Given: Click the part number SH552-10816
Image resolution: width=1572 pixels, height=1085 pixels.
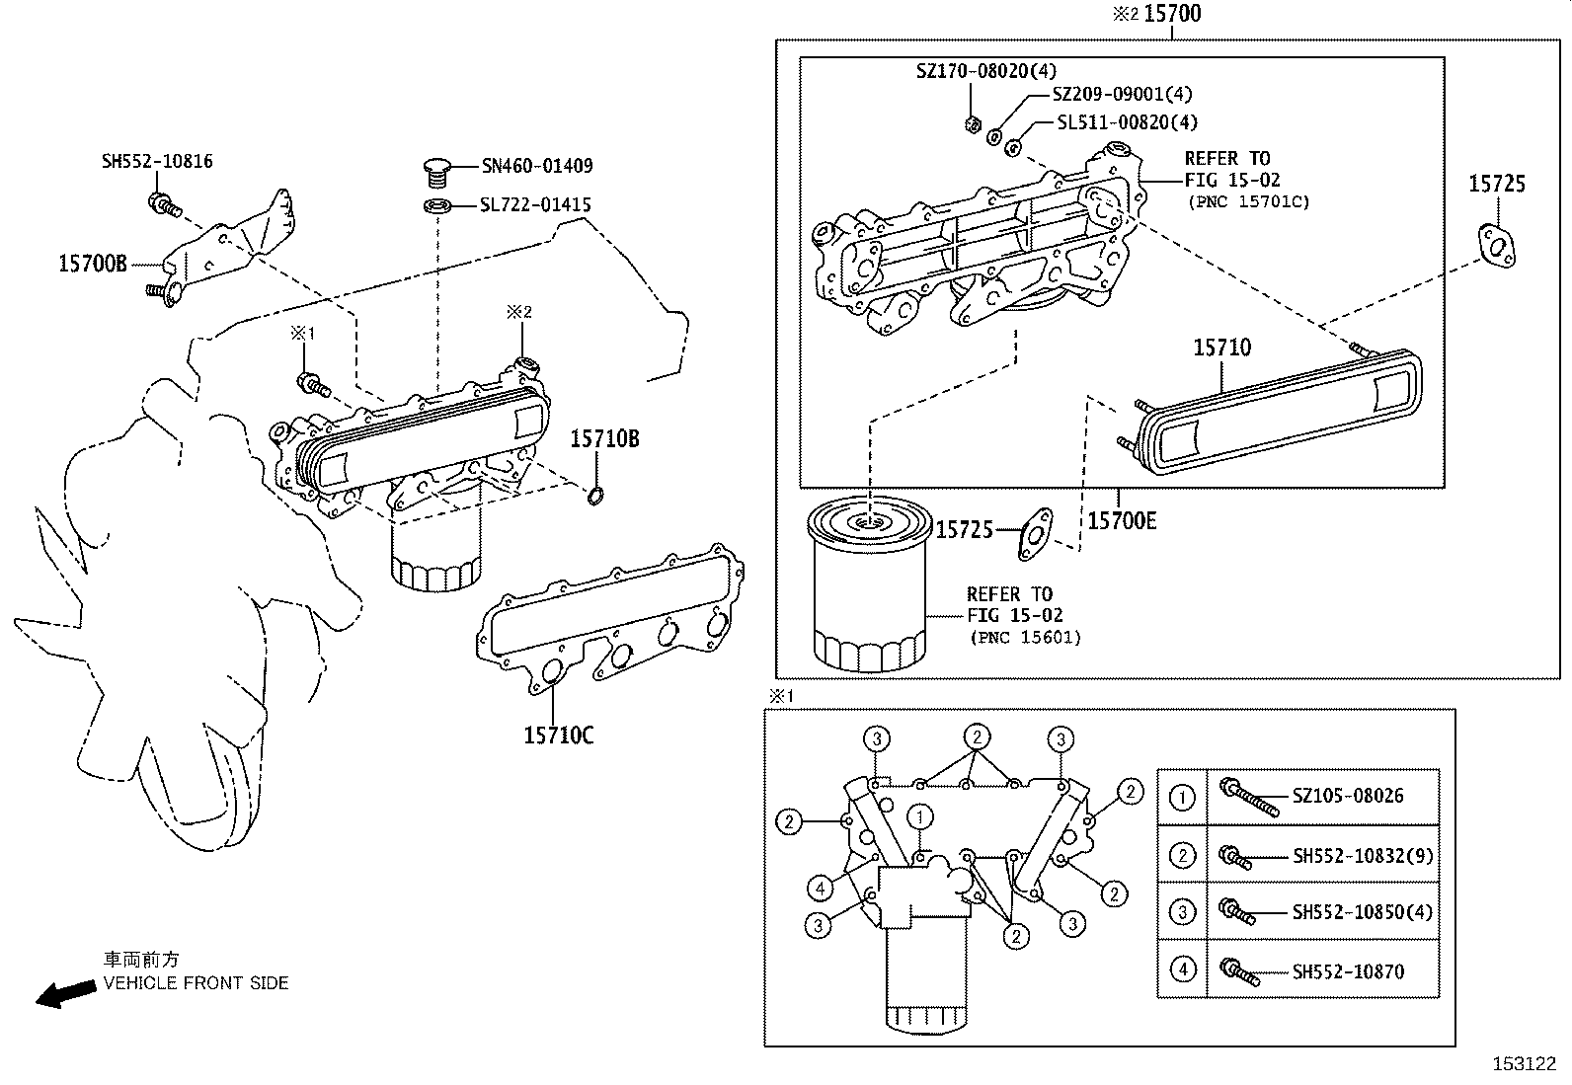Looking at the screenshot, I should [157, 161].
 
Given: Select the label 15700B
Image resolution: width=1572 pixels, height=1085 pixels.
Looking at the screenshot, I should [93, 264].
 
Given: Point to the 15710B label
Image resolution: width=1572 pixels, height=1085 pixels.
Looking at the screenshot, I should [604, 439].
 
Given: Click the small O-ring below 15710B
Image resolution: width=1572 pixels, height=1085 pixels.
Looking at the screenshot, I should [595, 496].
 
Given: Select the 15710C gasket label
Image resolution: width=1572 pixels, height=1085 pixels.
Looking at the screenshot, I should [559, 735].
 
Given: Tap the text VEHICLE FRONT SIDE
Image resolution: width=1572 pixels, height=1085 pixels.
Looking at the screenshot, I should [196, 983].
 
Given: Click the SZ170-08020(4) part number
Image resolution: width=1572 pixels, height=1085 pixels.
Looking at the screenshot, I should [985, 71].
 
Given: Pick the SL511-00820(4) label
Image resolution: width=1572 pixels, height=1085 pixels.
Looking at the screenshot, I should [1127, 122].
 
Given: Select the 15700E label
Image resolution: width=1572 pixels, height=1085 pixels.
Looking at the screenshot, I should [1122, 520].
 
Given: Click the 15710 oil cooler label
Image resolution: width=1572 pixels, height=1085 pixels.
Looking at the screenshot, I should [1221, 348].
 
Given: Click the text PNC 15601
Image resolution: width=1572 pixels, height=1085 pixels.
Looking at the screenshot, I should [1025, 638].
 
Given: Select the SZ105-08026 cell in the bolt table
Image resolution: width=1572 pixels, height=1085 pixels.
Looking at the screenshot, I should [1348, 796].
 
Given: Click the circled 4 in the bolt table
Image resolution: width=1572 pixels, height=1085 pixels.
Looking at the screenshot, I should [1183, 970].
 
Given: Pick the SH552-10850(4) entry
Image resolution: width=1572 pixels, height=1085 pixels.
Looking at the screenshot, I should [1362, 912].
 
